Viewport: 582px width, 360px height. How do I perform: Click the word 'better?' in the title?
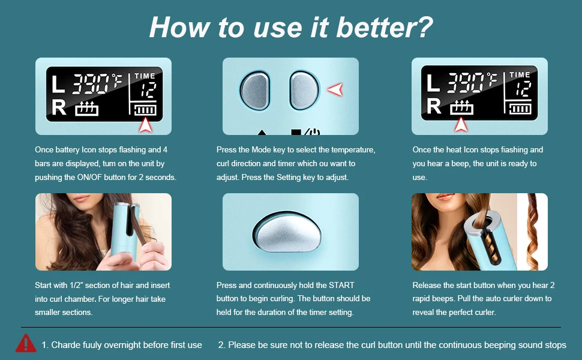point(385,28)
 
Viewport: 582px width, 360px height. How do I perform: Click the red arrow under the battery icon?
point(145,125)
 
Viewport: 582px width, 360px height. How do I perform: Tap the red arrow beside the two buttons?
point(335,89)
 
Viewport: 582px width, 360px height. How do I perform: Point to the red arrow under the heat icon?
point(461,124)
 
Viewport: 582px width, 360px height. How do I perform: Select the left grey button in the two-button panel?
point(255,91)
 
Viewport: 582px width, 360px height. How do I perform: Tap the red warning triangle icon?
point(26,343)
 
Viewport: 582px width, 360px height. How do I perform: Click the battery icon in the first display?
point(145,109)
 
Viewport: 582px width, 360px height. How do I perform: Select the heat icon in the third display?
point(461,107)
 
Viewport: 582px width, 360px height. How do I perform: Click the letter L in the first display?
point(58,84)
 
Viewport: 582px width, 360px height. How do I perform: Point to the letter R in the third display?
point(434,106)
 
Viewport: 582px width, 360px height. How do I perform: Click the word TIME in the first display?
point(145,76)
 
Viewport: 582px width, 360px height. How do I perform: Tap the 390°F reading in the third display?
point(472,82)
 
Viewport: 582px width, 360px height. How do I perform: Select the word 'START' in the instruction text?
point(341,285)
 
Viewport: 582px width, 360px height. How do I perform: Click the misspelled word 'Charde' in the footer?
point(64,345)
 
